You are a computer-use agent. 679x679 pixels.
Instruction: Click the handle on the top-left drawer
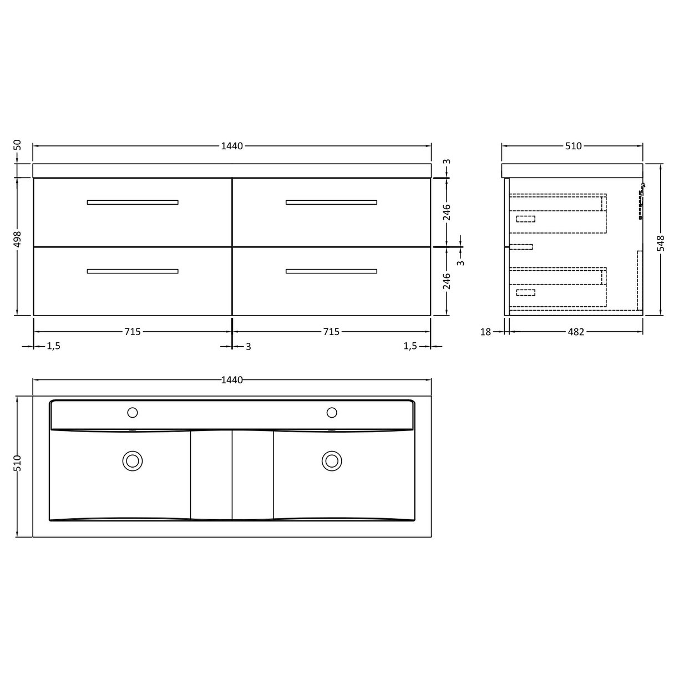[133, 202]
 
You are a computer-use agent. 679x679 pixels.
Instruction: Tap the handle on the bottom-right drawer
[331, 271]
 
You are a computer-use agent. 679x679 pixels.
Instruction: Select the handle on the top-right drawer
[331, 202]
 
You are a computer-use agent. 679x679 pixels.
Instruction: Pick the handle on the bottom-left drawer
[133, 271]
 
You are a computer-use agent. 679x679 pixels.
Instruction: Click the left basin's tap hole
[133, 412]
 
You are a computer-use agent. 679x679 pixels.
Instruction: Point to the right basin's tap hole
[332, 412]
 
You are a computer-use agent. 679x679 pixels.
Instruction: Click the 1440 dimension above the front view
[232, 146]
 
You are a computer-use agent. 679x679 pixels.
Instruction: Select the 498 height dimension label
[18, 240]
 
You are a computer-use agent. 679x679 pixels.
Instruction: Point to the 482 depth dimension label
[576, 332]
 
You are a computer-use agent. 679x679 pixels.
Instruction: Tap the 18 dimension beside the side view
[485, 332]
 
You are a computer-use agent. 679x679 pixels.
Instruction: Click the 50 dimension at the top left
[18, 145]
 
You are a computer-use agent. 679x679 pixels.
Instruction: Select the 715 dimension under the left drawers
[132, 332]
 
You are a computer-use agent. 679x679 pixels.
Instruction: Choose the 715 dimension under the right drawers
[331, 332]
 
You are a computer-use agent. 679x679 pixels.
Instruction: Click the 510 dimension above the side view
[573, 146]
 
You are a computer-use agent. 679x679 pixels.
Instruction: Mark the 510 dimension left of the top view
[18, 463]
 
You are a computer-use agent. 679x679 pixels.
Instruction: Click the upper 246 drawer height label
[447, 212]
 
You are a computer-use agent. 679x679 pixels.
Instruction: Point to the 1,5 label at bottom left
[53, 346]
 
